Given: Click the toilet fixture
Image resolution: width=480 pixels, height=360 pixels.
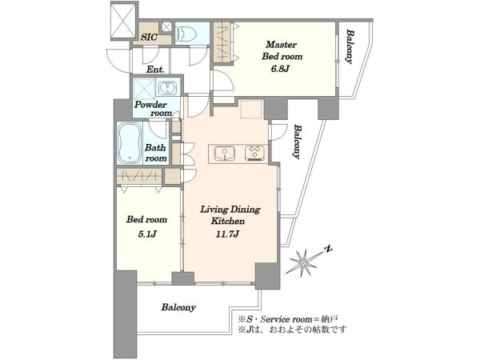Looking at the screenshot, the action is (x=182, y=33).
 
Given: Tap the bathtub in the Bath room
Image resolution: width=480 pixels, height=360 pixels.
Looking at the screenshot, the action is (x=130, y=143).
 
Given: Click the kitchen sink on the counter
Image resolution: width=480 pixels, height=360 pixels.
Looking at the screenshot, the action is (x=225, y=154).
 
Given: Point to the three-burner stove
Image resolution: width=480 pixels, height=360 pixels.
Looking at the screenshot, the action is (x=254, y=154).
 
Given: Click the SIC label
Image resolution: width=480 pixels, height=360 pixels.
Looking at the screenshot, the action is (x=149, y=37).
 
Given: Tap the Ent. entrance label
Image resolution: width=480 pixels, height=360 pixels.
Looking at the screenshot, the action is (x=155, y=70).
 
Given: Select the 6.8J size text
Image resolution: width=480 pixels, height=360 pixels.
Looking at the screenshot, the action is (x=280, y=69).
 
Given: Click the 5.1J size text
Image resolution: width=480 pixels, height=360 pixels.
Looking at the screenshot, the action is (x=147, y=234).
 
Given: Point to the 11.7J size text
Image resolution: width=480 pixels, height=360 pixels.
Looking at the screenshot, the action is (x=227, y=234).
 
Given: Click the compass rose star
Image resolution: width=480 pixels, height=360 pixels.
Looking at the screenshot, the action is (x=303, y=262).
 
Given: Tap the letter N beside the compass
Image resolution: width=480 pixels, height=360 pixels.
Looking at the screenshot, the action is (x=329, y=249).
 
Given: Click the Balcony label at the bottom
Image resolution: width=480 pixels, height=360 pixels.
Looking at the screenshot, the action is (x=178, y=307).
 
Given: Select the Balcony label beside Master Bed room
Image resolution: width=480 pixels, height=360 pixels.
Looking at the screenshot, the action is (x=350, y=46).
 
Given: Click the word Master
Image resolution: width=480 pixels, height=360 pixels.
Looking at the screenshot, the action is (x=282, y=45).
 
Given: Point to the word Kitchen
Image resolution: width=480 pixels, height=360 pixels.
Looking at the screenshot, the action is (x=228, y=221).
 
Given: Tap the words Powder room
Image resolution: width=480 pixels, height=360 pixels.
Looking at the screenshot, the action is (x=153, y=109).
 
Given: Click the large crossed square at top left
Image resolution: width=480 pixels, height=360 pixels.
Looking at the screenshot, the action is (x=122, y=20).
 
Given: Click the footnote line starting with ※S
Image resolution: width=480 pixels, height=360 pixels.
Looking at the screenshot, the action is (x=288, y=319).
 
